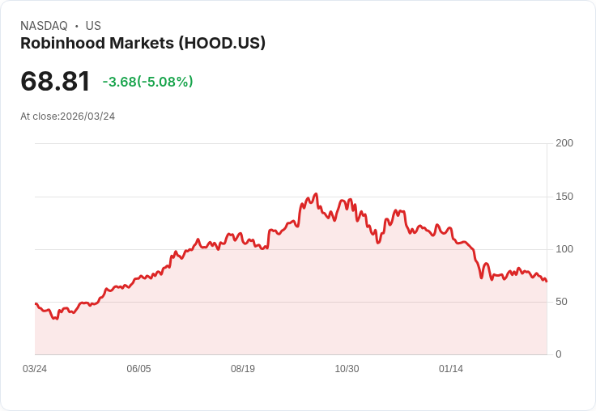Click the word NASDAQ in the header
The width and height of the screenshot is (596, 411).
point(44,26)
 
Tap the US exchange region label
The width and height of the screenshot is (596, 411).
point(93,26)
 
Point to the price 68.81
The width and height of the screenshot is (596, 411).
point(55,82)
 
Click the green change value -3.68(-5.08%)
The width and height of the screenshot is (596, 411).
point(147,82)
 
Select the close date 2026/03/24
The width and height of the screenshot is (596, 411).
point(87,117)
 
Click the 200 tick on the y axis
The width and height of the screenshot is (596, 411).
point(564,143)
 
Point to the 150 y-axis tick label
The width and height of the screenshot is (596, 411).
point(564,197)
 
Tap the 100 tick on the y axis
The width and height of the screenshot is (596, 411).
point(564,249)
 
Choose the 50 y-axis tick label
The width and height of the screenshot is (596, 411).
point(562,302)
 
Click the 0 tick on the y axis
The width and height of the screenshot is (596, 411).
point(559,354)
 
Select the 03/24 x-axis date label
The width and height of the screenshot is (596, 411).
point(35,369)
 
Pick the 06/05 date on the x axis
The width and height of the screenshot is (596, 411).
point(138,369)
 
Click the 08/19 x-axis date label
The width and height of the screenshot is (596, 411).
point(243,369)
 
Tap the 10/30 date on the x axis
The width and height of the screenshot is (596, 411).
point(347,369)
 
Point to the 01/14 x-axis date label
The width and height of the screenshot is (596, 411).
point(451,369)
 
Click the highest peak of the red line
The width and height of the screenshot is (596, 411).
point(316,194)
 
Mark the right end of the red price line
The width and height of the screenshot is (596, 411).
point(547,282)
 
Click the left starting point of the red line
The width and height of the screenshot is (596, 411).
point(36,303)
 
